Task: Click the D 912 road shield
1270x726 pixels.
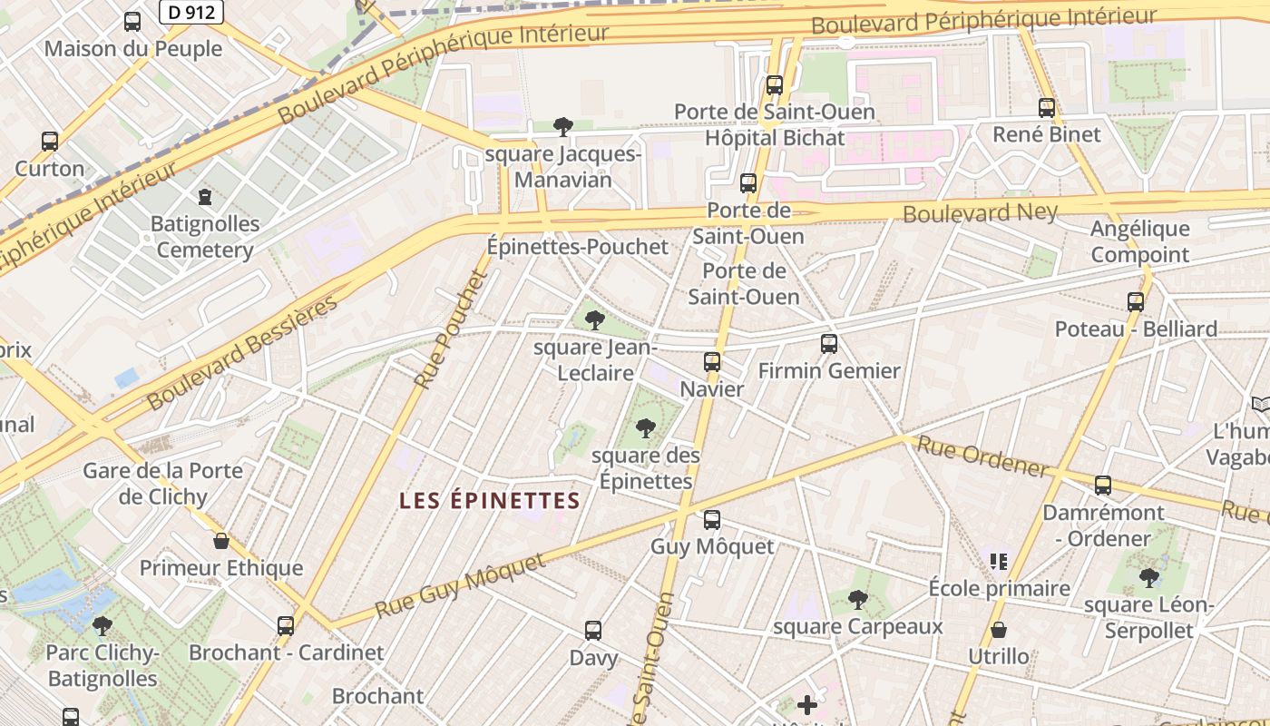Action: [x=190, y=12]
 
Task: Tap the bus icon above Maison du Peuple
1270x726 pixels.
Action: [x=132, y=22]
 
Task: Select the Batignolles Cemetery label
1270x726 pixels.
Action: [x=204, y=237]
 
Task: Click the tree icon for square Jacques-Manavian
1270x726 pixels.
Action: [x=562, y=126]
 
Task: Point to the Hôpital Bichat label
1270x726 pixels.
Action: [x=775, y=138]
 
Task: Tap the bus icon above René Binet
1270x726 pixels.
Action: [x=1047, y=108]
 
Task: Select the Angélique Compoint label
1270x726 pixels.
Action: [x=1140, y=241]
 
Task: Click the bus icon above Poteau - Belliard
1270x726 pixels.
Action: [x=1136, y=302]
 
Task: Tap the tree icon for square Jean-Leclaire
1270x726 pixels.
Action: [x=595, y=319]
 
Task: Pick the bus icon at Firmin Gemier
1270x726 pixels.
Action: [x=829, y=344]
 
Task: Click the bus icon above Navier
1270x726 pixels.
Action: [x=712, y=362]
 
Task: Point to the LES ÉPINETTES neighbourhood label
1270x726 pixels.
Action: [x=490, y=500]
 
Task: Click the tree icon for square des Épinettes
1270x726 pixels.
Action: [x=645, y=427]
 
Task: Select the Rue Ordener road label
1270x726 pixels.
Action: [x=982, y=456]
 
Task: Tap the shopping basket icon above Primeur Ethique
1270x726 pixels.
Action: [x=221, y=542]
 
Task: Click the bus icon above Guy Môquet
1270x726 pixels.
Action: [x=712, y=520]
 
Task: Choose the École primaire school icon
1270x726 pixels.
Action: [x=999, y=562]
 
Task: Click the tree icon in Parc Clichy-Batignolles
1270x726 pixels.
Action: [x=103, y=625]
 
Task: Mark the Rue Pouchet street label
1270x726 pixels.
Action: [x=451, y=329]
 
